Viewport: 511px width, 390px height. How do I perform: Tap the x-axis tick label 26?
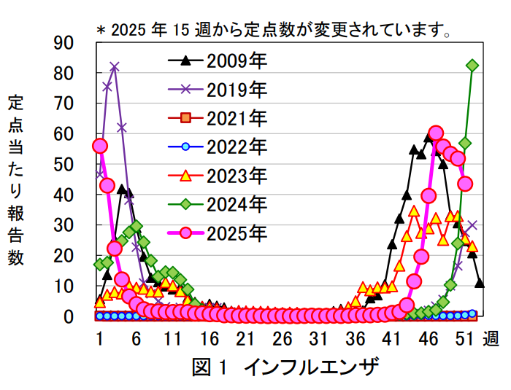pyautogui.click(x=283, y=340)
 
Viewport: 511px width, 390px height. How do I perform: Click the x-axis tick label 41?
pyautogui.click(x=393, y=340)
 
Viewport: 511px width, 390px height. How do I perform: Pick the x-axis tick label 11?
pyautogui.click(x=172, y=340)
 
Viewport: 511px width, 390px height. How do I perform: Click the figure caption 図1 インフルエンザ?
pyautogui.click(x=285, y=367)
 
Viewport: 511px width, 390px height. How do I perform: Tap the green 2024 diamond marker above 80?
pyautogui.click(x=472, y=66)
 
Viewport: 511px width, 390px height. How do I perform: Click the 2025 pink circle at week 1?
pyautogui.click(x=100, y=146)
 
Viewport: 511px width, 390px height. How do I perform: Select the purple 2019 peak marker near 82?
pyautogui.click(x=115, y=67)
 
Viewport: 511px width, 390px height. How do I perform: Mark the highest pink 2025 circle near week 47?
pyautogui.click(x=436, y=133)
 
